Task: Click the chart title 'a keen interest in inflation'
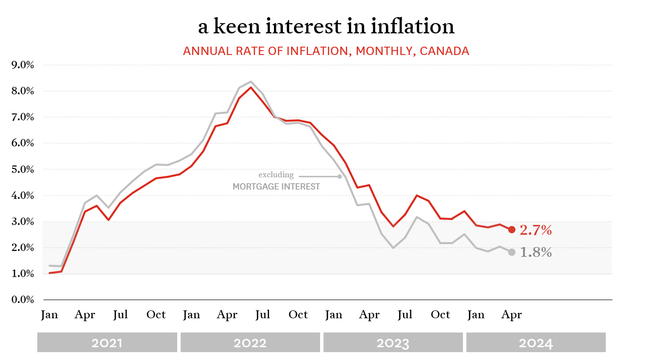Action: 326,27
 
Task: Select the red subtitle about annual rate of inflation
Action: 326,51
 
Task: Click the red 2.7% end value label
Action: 536,230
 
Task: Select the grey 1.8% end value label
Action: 536,252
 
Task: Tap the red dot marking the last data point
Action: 512,229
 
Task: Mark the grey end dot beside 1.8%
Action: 512,252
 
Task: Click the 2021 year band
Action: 107,342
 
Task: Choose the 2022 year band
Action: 250,342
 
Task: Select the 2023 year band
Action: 393,342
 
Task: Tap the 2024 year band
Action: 536,342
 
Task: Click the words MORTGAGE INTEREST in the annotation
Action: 276,187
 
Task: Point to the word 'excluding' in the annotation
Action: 276,175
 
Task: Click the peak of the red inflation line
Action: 251,87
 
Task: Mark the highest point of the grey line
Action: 251,82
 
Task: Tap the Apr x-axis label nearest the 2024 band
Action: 512,314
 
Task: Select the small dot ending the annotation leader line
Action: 339,176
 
